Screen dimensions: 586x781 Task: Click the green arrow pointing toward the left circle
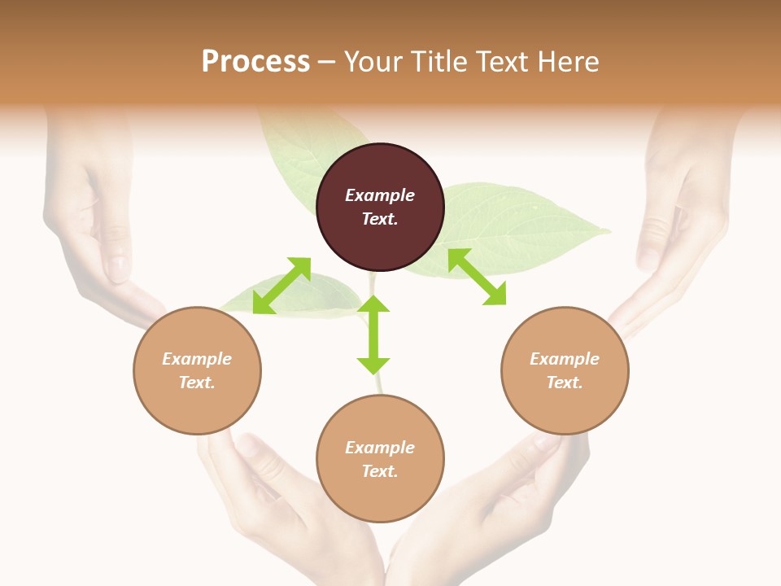point(281,286)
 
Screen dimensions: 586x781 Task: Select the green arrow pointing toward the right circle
point(477,277)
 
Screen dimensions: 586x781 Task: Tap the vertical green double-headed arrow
point(373,335)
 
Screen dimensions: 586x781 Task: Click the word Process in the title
point(255,61)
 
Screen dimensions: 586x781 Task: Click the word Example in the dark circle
point(380,195)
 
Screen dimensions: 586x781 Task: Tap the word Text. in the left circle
point(197,383)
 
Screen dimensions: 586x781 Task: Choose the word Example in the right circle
point(565,359)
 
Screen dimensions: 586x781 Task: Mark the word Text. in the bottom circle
point(380,471)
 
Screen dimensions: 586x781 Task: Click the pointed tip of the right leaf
point(609,234)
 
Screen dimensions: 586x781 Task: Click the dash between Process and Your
point(327,62)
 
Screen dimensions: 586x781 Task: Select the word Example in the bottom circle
point(380,448)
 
